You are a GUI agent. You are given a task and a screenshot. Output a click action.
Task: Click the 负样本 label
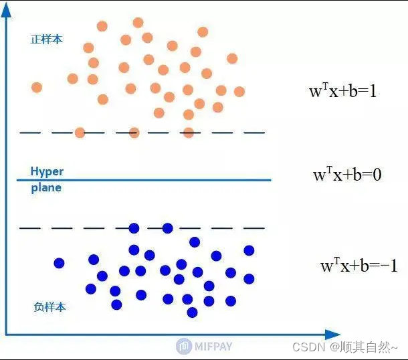click(x=49, y=307)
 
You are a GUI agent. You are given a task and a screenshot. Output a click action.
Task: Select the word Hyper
click(x=47, y=171)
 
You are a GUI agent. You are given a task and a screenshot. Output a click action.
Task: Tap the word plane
click(x=46, y=188)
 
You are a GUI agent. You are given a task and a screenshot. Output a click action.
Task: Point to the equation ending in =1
click(x=342, y=91)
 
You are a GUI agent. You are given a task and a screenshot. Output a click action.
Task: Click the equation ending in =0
click(x=347, y=175)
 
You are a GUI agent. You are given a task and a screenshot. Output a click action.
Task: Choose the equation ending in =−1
click(x=359, y=266)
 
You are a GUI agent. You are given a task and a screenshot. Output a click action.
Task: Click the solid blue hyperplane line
click(x=167, y=180)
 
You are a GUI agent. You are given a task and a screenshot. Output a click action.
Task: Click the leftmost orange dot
click(x=37, y=87)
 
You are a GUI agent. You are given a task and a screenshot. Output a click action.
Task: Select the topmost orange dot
click(x=138, y=23)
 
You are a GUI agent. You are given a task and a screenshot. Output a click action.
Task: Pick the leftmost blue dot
click(x=59, y=263)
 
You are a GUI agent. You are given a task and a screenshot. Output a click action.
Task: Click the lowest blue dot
click(x=193, y=312)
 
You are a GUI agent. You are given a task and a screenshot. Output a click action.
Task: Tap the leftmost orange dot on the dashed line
click(x=80, y=132)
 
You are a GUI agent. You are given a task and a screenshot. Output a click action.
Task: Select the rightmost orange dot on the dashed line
click(x=189, y=132)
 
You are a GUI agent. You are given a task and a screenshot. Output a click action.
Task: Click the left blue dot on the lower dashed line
click(x=134, y=228)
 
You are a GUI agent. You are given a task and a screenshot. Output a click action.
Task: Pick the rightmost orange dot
click(x=239, y=91)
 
